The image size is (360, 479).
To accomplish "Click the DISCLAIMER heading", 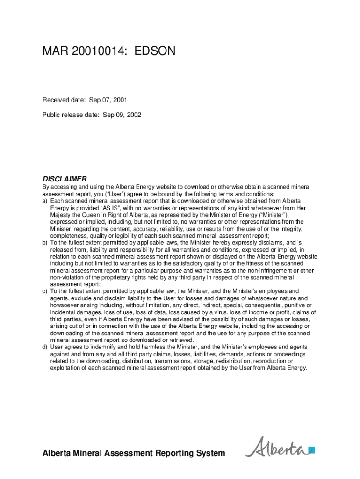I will tap(65, 179).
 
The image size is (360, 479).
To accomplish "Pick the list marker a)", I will tap(45, 201).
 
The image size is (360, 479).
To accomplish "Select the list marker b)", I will tap(45, 243).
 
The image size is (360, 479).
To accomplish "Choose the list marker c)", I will tap(45, 291).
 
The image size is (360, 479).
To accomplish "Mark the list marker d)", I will tap(45, 347).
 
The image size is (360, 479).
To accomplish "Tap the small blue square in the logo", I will tap(311, 450).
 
